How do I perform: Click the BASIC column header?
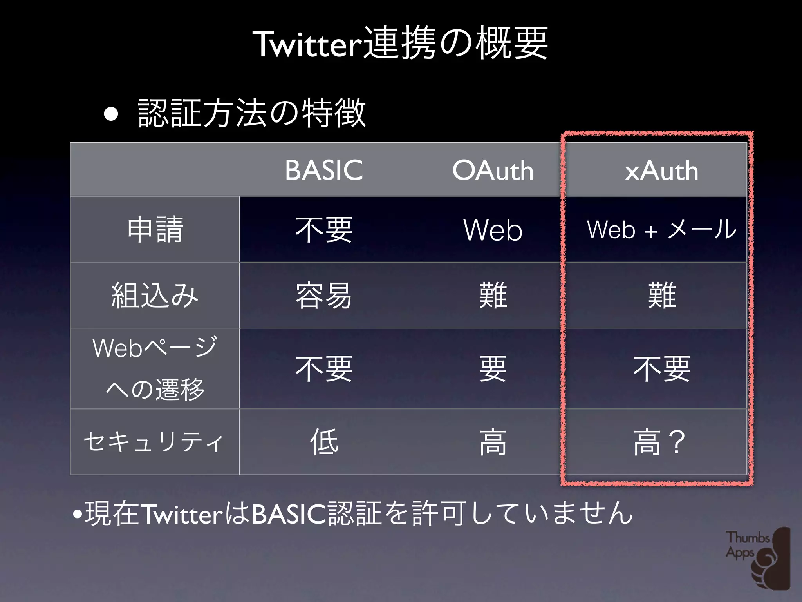point(324,170)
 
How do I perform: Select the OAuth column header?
point(493,170)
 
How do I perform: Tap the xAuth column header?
point(661,170)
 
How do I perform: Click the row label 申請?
point(155,229)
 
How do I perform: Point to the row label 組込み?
point(155,295)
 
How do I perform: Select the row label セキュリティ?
point(154,442)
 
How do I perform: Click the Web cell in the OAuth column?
point(493,230)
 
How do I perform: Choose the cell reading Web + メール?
point(661,229)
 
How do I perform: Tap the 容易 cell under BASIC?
point(324,295)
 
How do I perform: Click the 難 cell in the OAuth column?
point(493,295)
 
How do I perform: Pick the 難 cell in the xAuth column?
point(662,295)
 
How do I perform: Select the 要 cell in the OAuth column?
point(493,369)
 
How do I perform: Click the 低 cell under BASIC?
point(324,442)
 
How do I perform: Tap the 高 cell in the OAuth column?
point(493,442)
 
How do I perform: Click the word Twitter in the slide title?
point(308,44)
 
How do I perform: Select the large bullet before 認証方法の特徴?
point(111,114)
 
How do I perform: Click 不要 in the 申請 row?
point(324,229)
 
